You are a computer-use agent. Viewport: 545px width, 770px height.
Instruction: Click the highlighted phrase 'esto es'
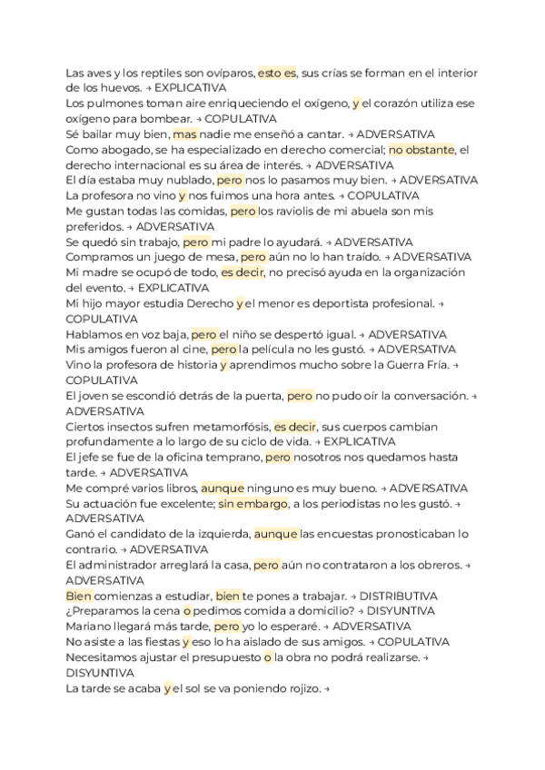pos(277,73)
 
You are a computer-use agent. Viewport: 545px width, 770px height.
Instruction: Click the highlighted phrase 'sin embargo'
pos(253,503)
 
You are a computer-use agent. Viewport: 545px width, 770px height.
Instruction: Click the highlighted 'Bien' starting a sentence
pos(79,596)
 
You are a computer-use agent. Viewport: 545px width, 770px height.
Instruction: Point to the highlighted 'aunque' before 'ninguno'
pos(223,488)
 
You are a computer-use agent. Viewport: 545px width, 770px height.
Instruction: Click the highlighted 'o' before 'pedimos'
pos(173,611)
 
